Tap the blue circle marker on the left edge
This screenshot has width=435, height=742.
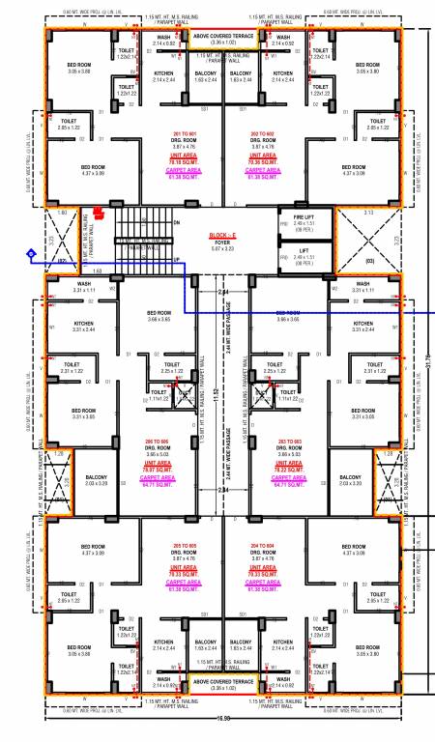point(30,253)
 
